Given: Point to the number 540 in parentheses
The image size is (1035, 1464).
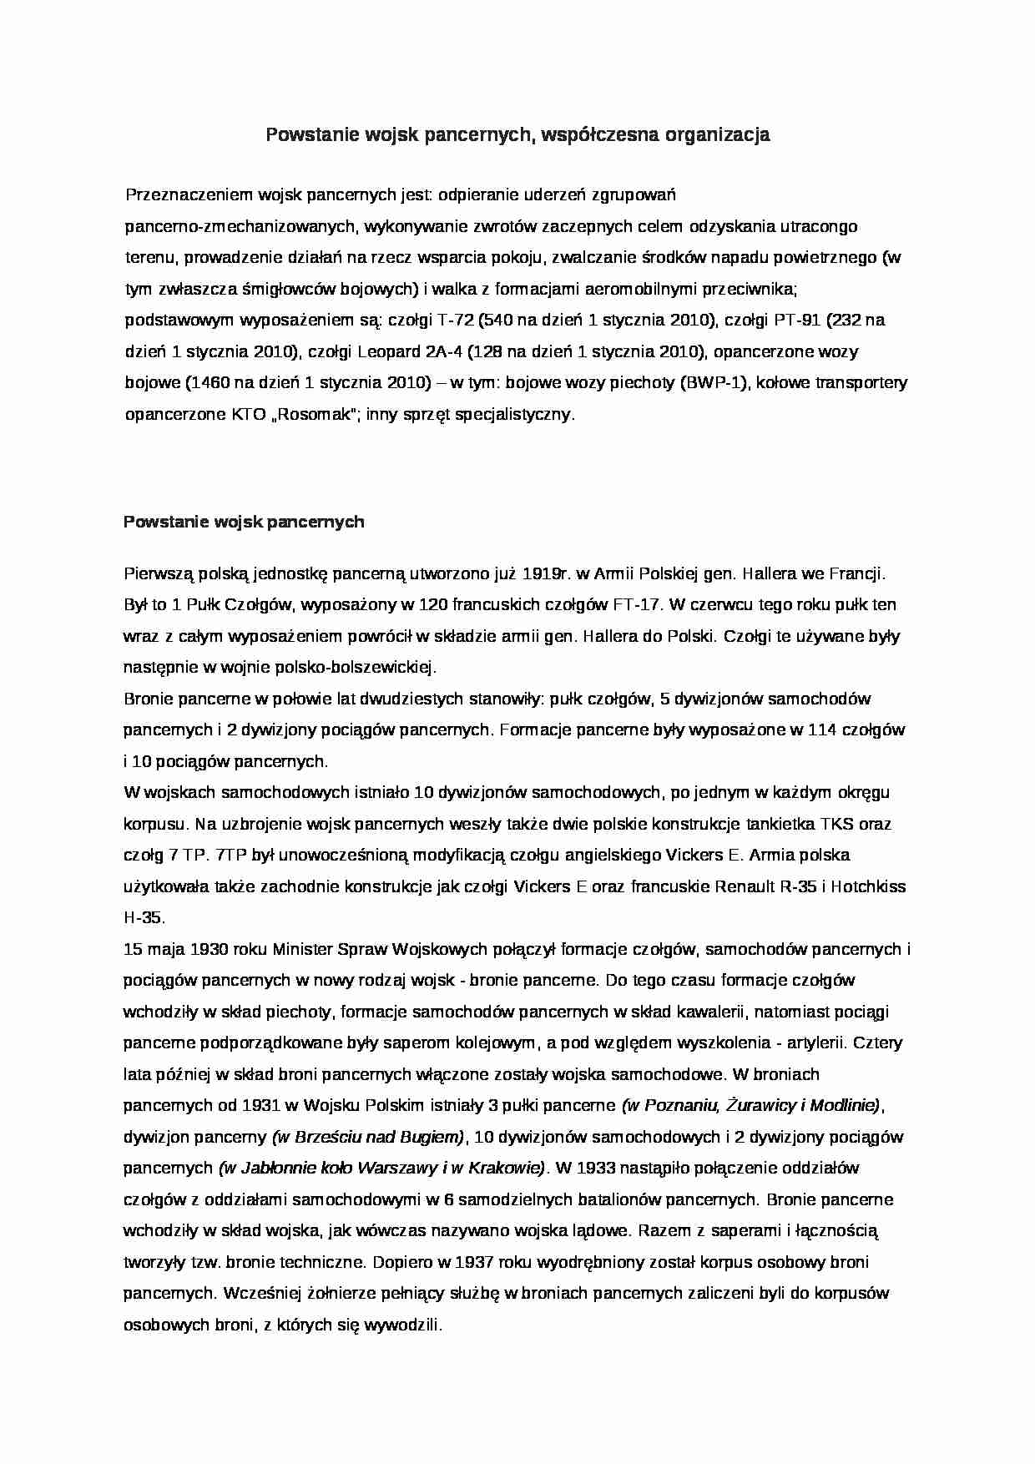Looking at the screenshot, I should (495, 321).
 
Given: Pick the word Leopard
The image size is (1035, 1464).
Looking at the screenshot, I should (391, 352).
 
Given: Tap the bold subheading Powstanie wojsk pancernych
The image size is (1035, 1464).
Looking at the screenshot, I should (244, 522).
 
